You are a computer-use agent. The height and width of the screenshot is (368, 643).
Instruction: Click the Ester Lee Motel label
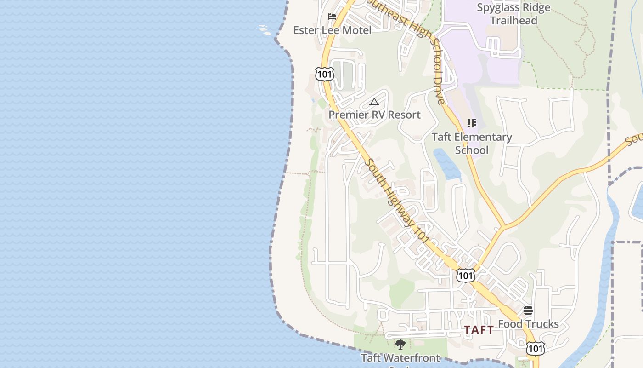[x=332, y=30]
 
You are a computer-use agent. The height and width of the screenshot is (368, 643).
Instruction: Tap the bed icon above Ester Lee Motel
[x=332, y=17]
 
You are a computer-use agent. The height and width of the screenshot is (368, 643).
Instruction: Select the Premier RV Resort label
[x=374, y=115]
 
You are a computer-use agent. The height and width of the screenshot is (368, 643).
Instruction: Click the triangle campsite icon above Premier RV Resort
[x=374, y=102]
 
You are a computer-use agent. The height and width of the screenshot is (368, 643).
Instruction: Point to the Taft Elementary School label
[x=472, y=144]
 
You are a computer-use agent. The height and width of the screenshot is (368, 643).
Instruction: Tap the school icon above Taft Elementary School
[x=472, y=123]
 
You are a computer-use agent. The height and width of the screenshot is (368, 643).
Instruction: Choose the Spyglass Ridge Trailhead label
[x=513, y=14]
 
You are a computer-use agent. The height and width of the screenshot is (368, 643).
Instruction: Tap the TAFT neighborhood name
[x=479, y=330]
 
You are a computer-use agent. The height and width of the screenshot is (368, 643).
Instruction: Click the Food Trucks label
[x=528, y=324]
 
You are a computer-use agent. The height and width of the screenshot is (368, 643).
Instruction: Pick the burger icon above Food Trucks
[x=528, y=310]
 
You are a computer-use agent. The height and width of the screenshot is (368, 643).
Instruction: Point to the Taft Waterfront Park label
[x=400, y=358]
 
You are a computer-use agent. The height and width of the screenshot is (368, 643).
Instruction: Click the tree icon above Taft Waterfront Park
[x=400, y=344]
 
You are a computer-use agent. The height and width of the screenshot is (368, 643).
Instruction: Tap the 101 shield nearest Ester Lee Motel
[x=324, y=74]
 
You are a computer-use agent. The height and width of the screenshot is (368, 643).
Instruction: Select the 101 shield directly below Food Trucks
[x=536, y=348]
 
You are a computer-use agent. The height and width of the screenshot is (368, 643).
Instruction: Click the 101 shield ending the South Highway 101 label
[x=465, y=276]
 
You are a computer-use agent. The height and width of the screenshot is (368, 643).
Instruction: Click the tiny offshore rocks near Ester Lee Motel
[x=264, y=29]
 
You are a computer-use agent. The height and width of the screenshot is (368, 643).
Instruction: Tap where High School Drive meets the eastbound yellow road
[x=504, y=226]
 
